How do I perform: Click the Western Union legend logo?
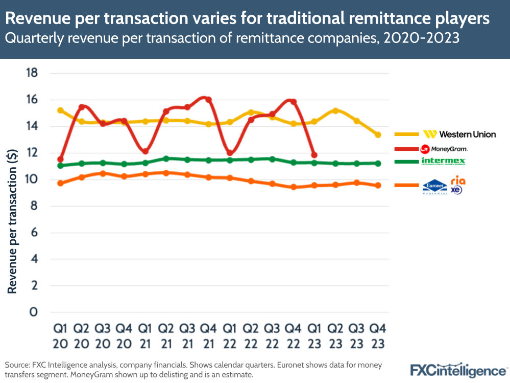pyautogui.click(x=459, y=134)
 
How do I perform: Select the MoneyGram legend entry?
pyautogui.click(x=443, y=149)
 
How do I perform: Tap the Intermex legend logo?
pyautogui.click(x=443, y=162)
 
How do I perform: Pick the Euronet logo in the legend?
pyautogui.click(x=435, y=188)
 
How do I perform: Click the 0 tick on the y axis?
pyautogui.click(x=34, y=312)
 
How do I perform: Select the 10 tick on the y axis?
pyautogui.click(x=32, y=179)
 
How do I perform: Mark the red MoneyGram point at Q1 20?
pyautogui.click(x=60, y=159)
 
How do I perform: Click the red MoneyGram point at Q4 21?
pyautogui.click(x=208, y=100)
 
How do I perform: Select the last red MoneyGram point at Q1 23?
pyautogui.click(x=314, y=155)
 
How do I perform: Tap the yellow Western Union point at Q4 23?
pyautogui.click(x=378, y=135)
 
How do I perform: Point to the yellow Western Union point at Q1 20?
pyautogui.click(x=60, y=110)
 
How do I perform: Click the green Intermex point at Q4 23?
pyautogui.click(x=378, y=163)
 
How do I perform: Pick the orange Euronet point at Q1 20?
pyautogui.click(x=60, y=183)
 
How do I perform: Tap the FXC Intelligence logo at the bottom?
pyautogui.click(x=458, y=370)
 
